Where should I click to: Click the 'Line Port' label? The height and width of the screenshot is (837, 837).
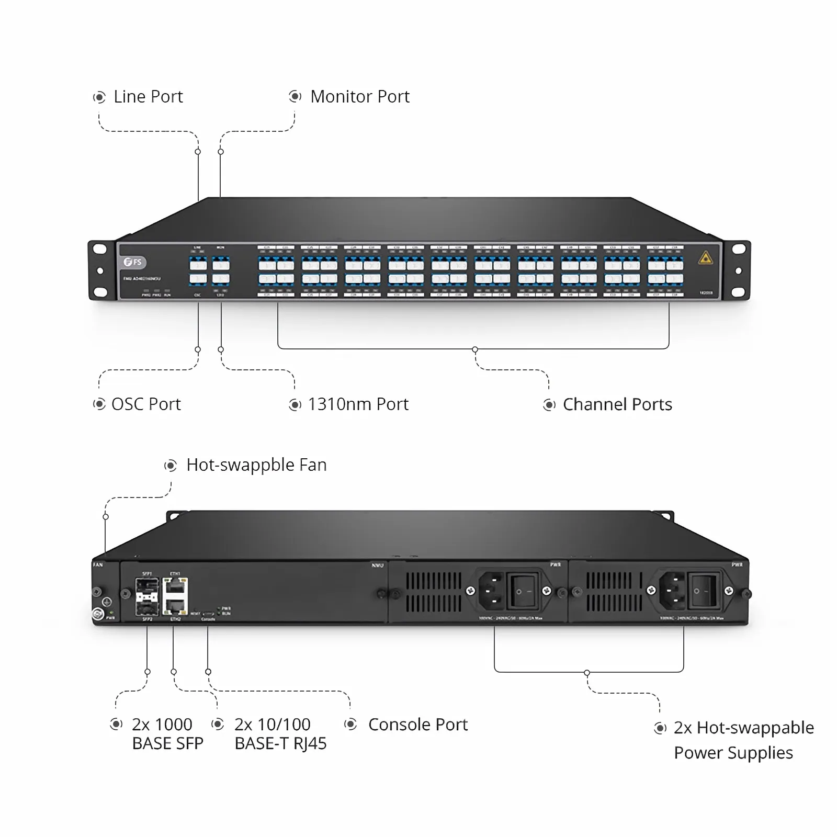tap(148, 97)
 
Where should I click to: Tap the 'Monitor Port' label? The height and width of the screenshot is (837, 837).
tap(360, 97)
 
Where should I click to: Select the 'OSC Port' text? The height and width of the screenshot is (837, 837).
tap(146, 404)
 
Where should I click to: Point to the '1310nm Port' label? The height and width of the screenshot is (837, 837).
tap(358, 404)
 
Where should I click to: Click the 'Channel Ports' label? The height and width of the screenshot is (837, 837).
tap(617, 404)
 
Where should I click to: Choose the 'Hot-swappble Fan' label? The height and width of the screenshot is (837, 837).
tap(256, 465)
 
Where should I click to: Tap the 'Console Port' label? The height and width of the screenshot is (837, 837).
tap(418, 725)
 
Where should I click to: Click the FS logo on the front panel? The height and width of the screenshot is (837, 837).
tap(134, 262)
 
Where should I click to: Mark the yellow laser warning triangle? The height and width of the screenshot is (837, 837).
tap(706, 258)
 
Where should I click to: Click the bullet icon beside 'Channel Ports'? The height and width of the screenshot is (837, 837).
tap(549, 405)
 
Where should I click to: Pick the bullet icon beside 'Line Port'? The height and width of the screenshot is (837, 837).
tap(99, 97)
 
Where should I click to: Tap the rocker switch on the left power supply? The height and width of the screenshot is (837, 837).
tap(524, 591)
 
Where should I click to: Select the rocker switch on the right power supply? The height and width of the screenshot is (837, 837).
tap(703, 591)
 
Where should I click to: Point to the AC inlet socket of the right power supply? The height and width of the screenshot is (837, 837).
tap(672, 591)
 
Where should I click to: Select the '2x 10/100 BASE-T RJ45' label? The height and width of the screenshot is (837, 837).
tap(280, 734)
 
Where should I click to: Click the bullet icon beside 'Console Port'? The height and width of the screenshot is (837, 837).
tap(350, 725)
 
